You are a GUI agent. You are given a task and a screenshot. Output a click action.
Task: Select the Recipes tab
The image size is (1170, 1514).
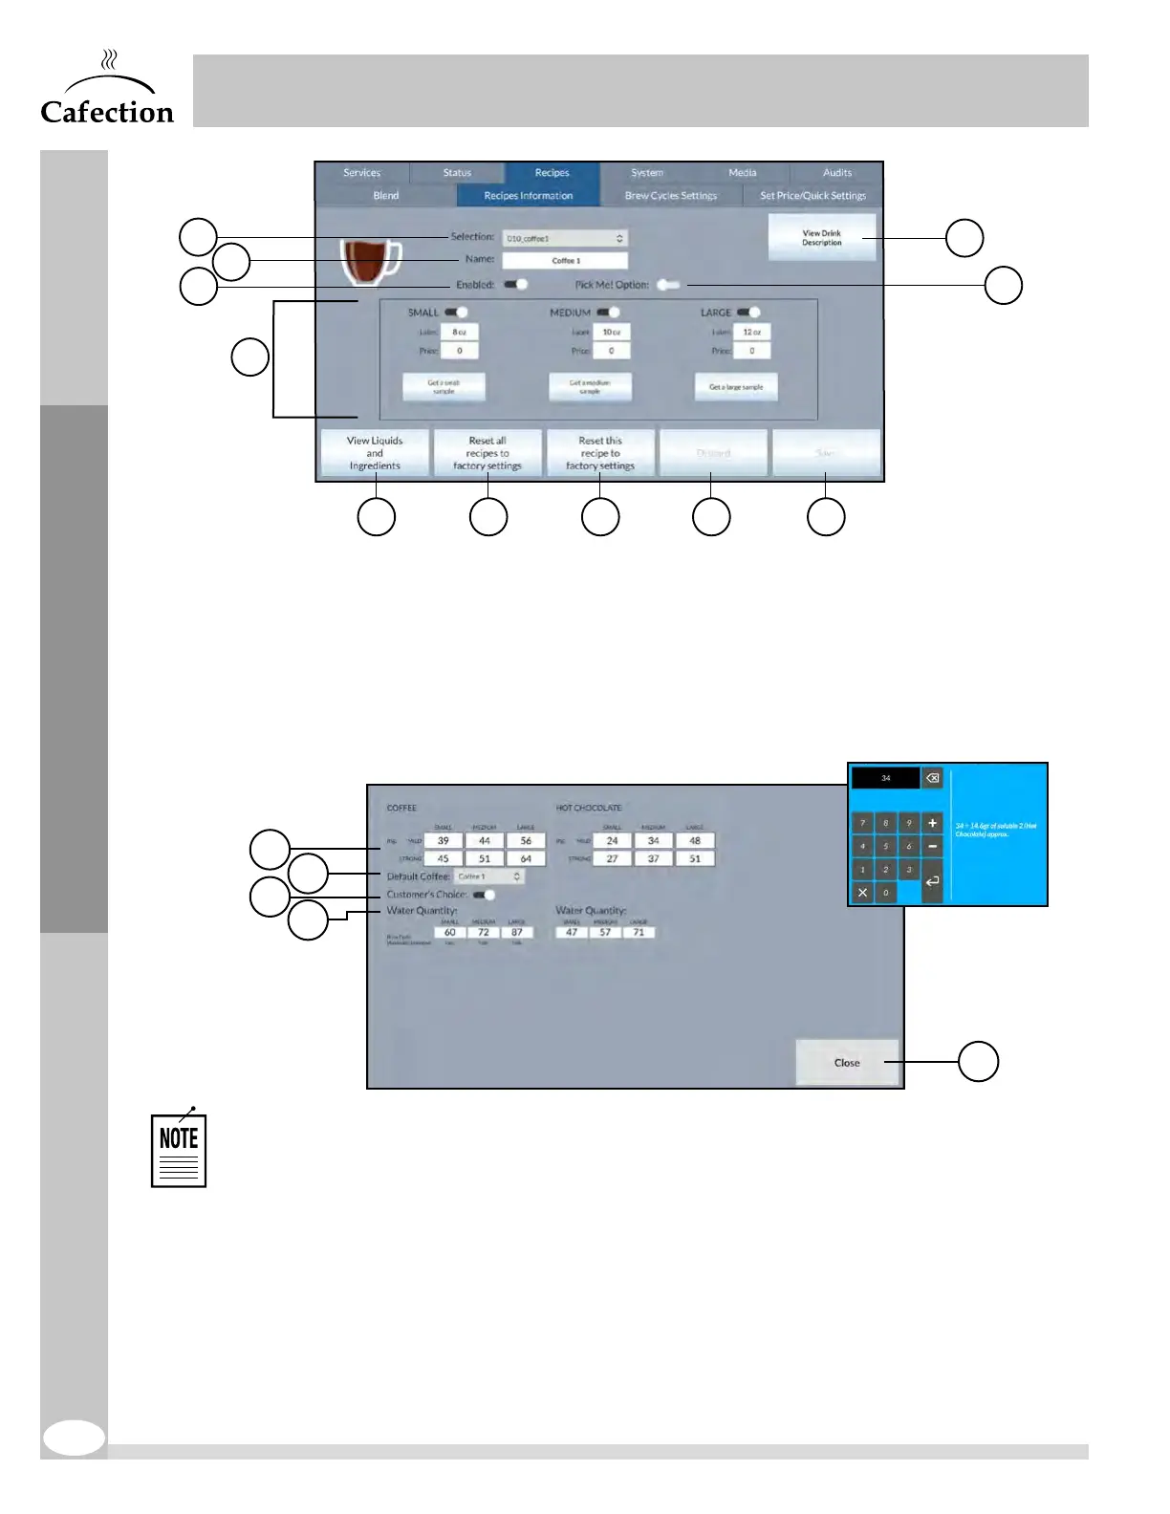pos(552,173)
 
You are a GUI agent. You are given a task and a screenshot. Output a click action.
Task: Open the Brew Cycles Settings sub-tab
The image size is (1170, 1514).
pos(670,196)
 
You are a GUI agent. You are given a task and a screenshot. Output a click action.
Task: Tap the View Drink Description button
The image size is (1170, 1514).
pos(821,238)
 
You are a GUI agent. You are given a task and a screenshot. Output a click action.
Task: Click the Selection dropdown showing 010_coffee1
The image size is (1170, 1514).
pos(565,238)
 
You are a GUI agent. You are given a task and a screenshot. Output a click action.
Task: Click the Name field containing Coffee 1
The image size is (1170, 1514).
pos(565,261)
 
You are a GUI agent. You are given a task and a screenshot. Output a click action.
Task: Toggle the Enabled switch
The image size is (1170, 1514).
pos(516,285)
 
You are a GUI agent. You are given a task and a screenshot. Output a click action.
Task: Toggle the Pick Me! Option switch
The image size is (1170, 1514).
pos(668,285)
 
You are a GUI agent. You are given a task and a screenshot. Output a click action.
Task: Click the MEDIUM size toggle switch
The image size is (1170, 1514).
pos(609,313)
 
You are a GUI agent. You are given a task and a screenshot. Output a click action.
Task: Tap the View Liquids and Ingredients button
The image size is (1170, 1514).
pos(375,453)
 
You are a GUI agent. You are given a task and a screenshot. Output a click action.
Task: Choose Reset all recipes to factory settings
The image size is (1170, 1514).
pos(487,453)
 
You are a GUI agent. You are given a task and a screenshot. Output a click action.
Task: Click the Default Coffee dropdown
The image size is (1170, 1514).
pos(489,876)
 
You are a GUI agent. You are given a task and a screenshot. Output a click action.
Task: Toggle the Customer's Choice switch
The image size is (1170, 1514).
pos(485,896)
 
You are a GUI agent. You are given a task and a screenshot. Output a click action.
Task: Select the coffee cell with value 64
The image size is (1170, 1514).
pos(526,858)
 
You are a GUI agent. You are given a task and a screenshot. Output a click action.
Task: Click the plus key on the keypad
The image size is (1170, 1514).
pos(933,823)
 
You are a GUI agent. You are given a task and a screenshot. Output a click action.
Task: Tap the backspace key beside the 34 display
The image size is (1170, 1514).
pos(932,778)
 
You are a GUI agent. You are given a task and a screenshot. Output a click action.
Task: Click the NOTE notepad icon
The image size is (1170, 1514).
pos(179,1150)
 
